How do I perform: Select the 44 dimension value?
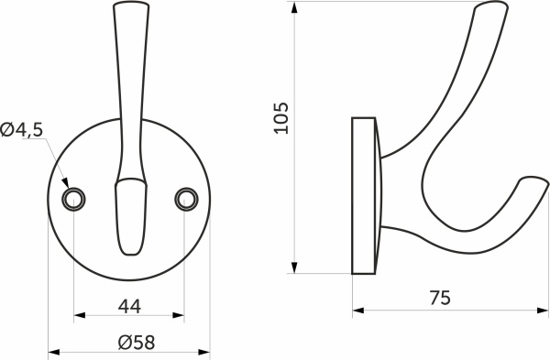tap(129, 304)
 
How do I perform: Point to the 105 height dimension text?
tap(282, 117)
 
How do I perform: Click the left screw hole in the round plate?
tap(72, 198)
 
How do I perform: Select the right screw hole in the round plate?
tap(186, 198)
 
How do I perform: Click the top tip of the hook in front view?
tap(129, 7)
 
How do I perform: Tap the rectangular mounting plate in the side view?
tap(364, 195)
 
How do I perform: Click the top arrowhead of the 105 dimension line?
tap(294, 7)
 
